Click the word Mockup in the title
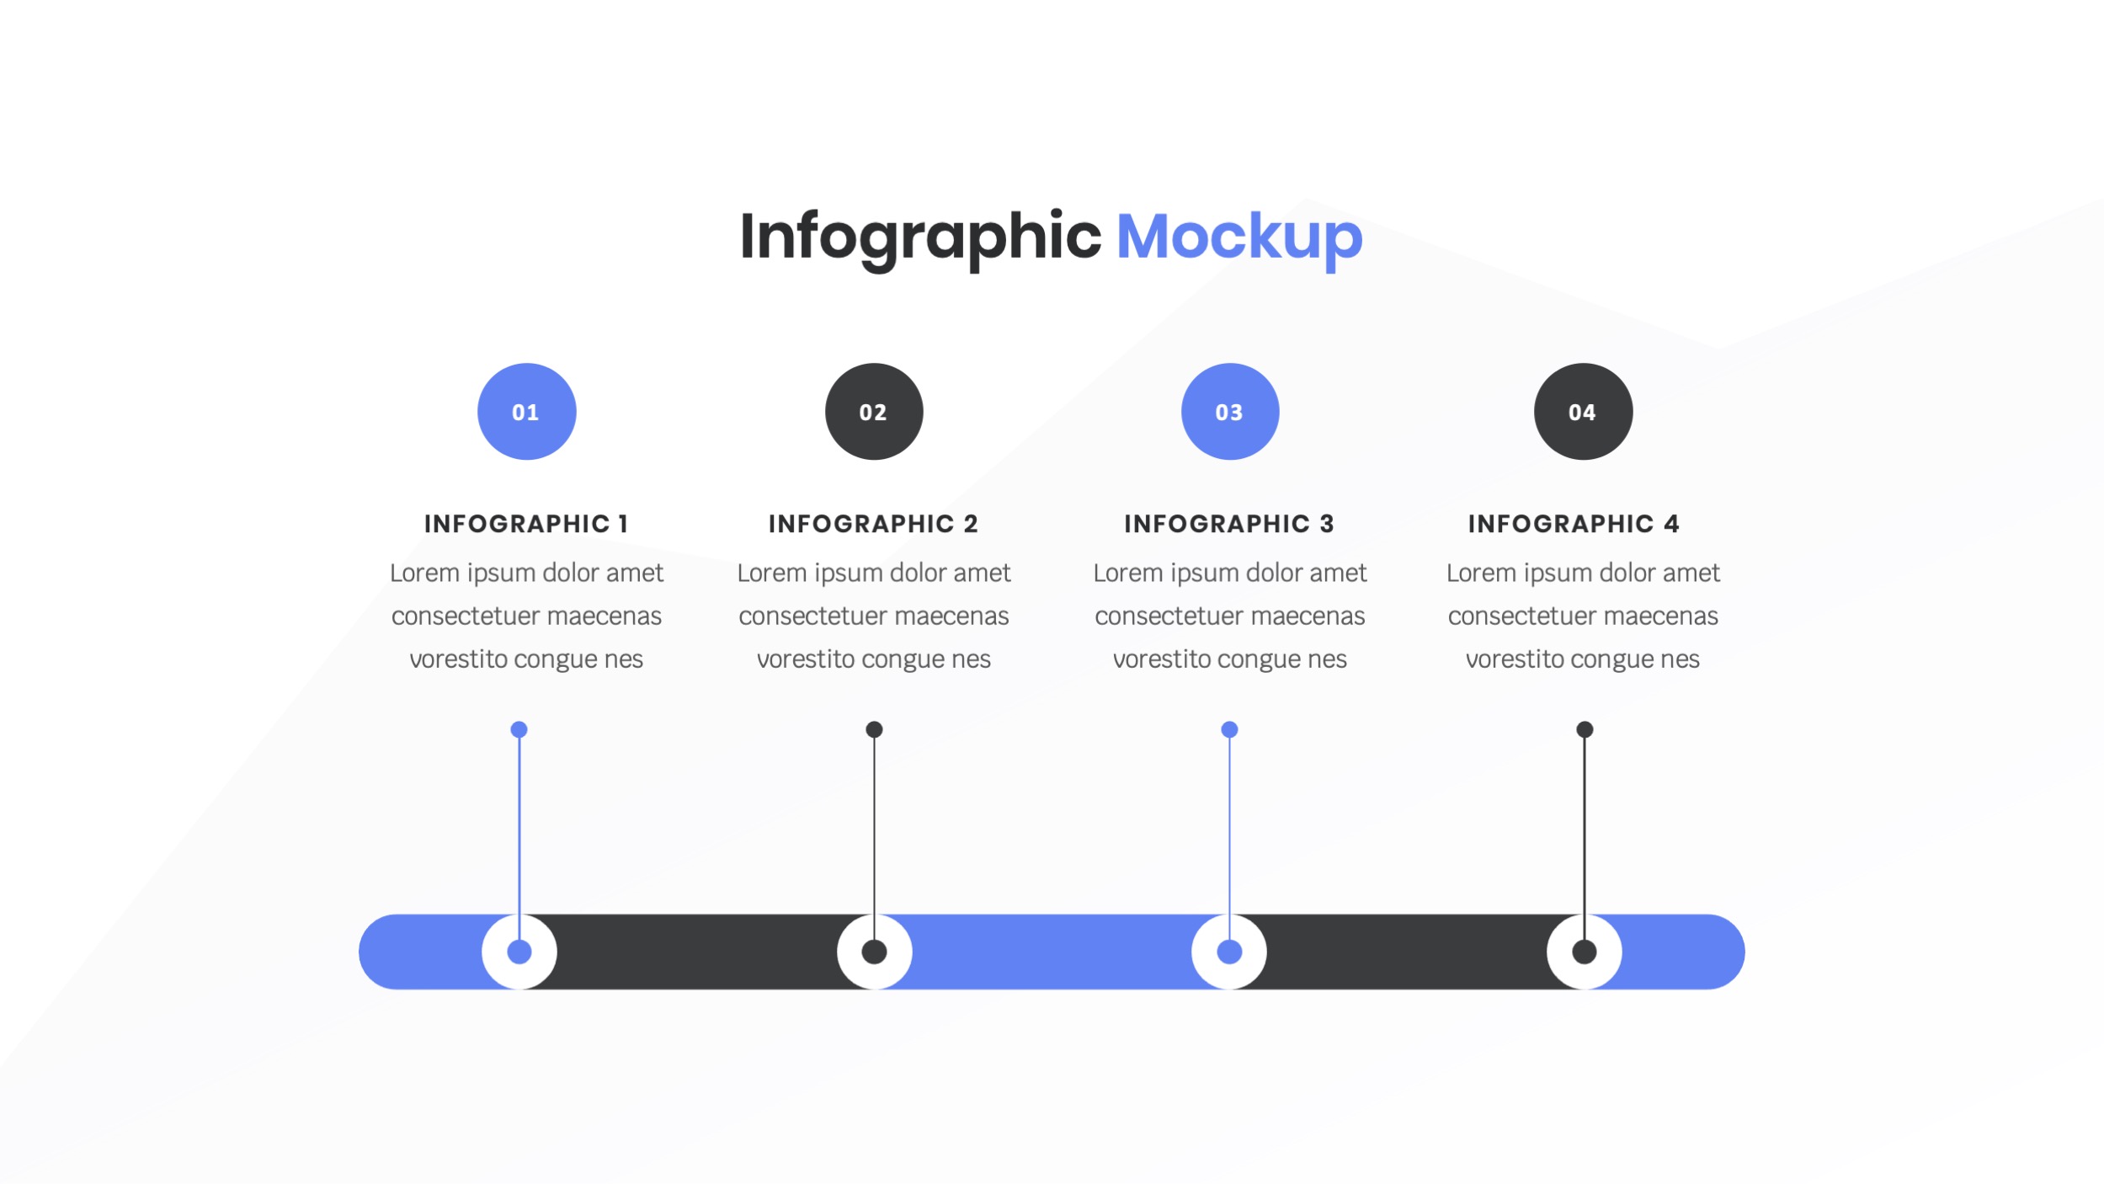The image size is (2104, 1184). [x=1238, y=238]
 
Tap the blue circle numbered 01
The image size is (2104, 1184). [x=526, y=412]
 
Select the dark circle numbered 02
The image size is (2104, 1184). [x=874, y=412]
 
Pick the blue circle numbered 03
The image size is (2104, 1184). [x=1230, y=412]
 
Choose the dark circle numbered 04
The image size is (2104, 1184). [x=1583, y=412]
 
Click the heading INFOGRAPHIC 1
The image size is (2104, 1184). [x=526, y=524]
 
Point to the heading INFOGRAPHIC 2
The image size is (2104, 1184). [x=873, y=524]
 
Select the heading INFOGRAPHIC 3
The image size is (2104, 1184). [x=1229, y=524]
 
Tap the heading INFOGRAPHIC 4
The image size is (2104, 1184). [x=1574, y=524]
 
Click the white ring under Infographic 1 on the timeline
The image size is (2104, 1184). [x=519, y=952]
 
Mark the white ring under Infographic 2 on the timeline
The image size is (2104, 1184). [x=875, y=952]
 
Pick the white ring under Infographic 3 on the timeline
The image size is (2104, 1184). [x=1229, y=952]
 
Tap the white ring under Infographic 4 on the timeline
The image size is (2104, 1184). [x=1585, y=952]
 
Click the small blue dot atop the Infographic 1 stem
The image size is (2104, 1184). [x=519, y=729]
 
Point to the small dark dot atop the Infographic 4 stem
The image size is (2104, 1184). [x=1585, y=729]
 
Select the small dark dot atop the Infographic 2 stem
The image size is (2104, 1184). [x=875, y=729]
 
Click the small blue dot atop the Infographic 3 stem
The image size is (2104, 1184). [x=1229, y=729]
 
